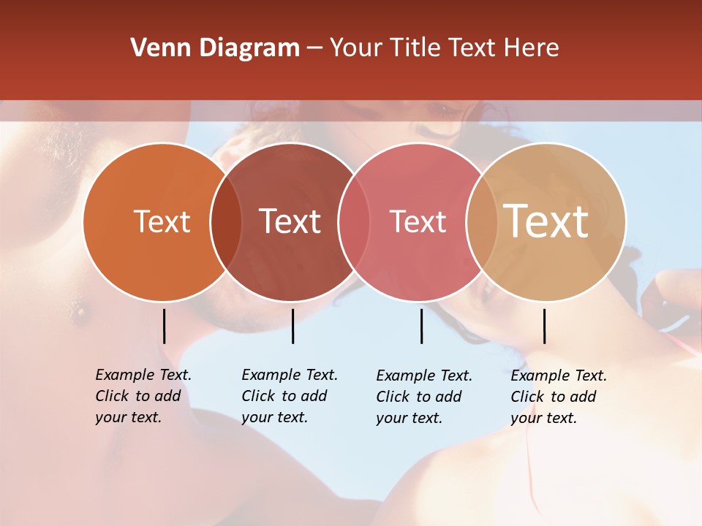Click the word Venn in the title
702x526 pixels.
[x=155, y=48]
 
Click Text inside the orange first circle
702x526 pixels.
[x=162, y=221]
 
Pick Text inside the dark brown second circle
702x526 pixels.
[x=290, y=221]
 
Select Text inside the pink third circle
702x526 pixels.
[x=418, y=221]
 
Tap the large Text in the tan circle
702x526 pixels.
[x=546, y=221]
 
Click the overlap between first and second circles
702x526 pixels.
[x=226, y=222]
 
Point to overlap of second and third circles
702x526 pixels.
[x=355, y=222]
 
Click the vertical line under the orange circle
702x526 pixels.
[x=165, y=326]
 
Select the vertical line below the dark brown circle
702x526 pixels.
[x=292, y=326]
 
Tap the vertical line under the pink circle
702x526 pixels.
[x=421, y=326]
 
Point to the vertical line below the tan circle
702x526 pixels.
[x=544, y=326]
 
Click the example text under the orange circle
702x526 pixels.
[x=143, y=396]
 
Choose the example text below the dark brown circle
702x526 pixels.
[x=289, y=396]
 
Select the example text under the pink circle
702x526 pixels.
[x=423, y=397]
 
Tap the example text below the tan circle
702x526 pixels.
[x=558, y=397]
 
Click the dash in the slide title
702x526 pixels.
[x=314, y=48]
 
